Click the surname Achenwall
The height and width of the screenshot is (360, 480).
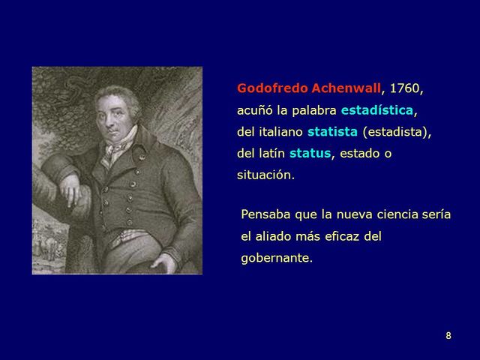click(344, 89)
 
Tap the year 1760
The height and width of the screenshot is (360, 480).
click(405, 89)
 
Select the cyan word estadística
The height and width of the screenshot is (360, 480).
click(376, 111)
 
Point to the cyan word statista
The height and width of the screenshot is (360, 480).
click(332, 133)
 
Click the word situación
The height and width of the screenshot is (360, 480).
click(265, 176)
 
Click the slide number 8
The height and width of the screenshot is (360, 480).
click(448, 336)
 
